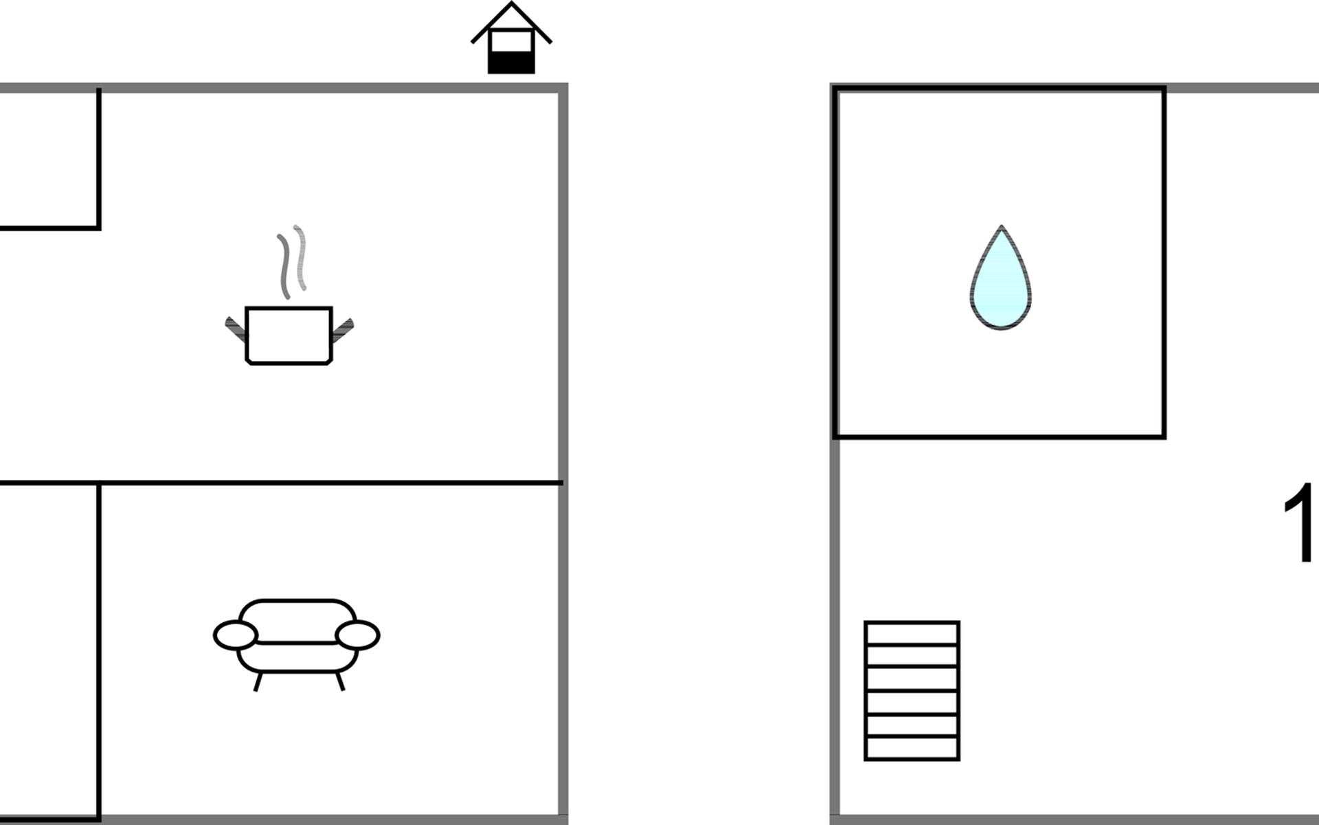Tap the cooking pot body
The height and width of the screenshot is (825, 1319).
click(289, 335)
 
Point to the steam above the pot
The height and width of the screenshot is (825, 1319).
click(292, 261)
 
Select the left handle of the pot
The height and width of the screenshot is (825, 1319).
click(236, 329)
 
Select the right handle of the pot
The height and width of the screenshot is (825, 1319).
click(342, 329)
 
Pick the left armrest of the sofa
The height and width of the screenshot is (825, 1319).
click(236, 635)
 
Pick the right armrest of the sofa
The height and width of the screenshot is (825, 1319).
click(357, 635)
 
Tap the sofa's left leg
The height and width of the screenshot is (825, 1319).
click(258, 681)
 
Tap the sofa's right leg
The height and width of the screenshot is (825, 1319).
click(339, 681)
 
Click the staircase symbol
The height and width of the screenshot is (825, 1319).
click(912, 691)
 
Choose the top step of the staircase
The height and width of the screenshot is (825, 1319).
click(912, 633)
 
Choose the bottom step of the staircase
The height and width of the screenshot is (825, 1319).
click(912, 749)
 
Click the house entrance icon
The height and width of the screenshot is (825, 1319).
click(511, 38)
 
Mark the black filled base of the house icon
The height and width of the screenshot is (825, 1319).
click(511, 63)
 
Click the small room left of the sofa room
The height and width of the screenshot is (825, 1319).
click(49, 651)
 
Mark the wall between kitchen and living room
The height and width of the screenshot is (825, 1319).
click(282, 483)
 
